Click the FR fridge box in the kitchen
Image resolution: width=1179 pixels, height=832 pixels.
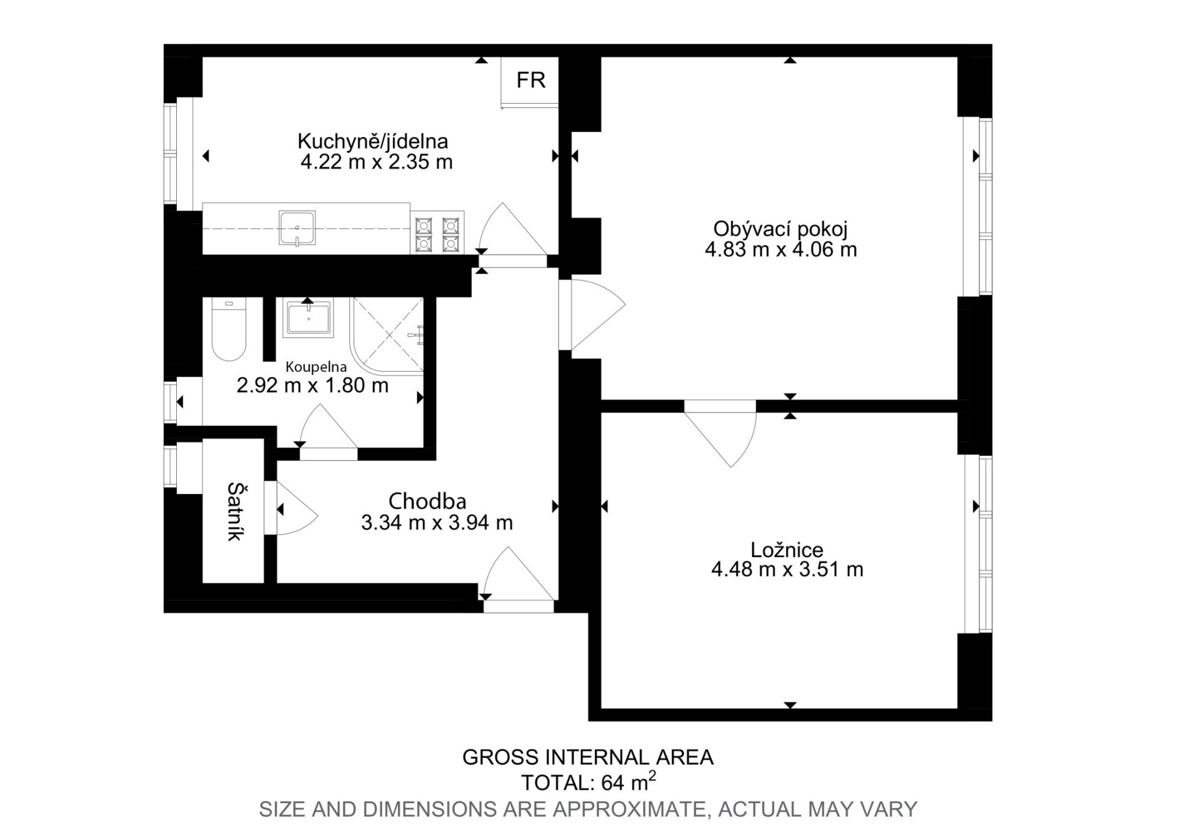(x=529, y=82)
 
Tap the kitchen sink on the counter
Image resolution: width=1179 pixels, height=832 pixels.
(x=297, y=228)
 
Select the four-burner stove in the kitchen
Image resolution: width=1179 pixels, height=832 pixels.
(x=437, y=232)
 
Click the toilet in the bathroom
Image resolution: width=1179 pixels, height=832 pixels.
(x=228, y=329)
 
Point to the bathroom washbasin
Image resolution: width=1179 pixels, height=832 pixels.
(x=308, y=317)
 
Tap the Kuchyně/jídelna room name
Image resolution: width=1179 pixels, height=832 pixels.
(x=373, y=141)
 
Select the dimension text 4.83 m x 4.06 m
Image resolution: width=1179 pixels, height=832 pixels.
(x=780, y=250)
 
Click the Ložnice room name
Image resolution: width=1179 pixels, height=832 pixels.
(x=787, y=549)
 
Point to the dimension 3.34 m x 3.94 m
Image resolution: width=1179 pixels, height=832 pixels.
(x=437, y=523)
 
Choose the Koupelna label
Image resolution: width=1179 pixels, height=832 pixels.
(x=316, y=367)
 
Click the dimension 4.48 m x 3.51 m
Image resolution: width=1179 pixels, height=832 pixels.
(x=787, y=569)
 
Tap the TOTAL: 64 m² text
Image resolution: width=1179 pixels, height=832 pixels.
(x=588, y=782)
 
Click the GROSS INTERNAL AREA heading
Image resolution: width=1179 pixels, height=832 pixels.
(x=588, y=758)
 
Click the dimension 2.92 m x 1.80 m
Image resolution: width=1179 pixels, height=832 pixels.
(x=313, y=385)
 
